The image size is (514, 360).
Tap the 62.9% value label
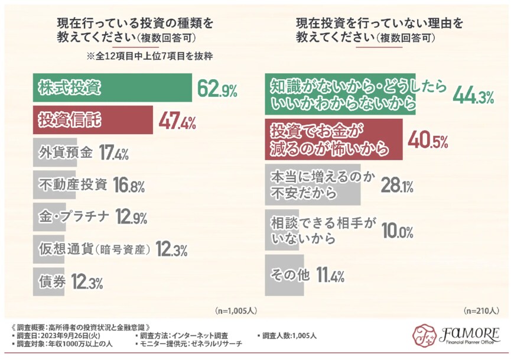tap(217, 90)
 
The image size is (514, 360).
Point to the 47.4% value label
tap(177, 123)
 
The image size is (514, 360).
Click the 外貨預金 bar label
tap(65, 153)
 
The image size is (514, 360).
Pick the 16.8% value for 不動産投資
tap(128, 186)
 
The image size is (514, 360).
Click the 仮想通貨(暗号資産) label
tap(95, 249)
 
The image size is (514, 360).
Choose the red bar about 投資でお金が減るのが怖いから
tap(334, 140)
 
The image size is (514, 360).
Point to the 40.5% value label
tap(428, 141)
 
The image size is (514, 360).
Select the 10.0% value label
tap(396, 231)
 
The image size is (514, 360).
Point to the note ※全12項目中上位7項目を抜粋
tap(149, 57)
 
